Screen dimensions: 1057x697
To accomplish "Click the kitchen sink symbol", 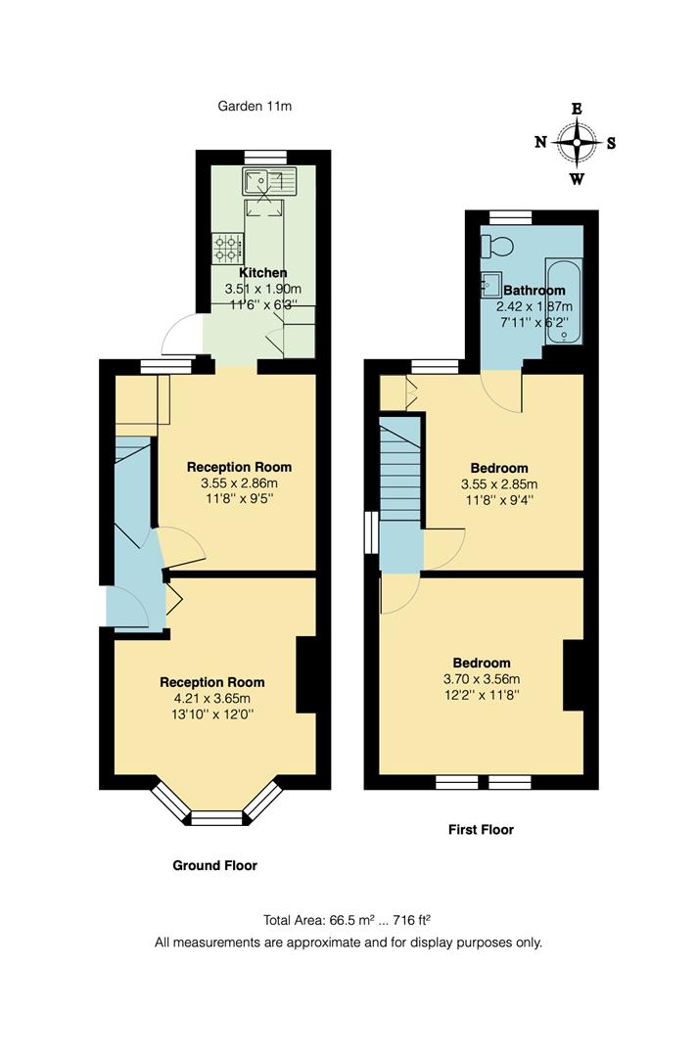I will tap(270, 180).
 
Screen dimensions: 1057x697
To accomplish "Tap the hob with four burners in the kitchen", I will tap(227, 245).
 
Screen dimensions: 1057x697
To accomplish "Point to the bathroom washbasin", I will tap(490, 285).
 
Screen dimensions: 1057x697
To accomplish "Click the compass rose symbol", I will tap(577, 143).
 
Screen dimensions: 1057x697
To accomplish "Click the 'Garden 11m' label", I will tap(255, 106).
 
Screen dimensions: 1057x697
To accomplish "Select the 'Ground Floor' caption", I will tap(214, 865).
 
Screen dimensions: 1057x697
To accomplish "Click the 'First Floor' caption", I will tap(480, 829).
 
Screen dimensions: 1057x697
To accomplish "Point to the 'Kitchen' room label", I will tap(263, 273).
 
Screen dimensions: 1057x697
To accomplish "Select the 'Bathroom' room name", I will tap(534, 291).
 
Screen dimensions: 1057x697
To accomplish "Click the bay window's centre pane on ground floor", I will tap(216, 818).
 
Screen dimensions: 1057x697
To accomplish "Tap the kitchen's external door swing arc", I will tap(179, 333).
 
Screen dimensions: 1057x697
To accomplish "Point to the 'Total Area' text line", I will tap(348, 920).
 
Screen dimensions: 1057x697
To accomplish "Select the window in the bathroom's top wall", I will tap(510, 217).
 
